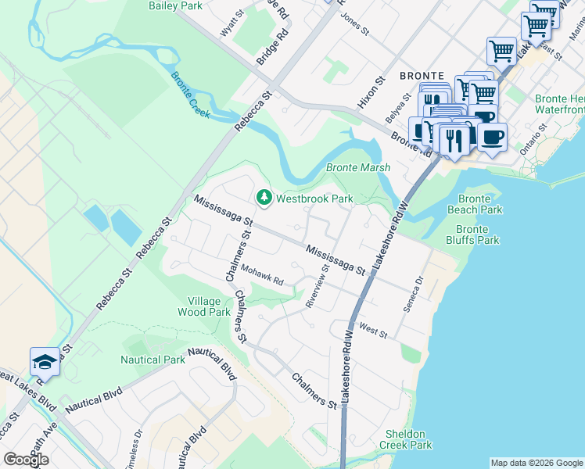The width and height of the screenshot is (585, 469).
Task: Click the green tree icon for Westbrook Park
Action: click(x=264, y=198)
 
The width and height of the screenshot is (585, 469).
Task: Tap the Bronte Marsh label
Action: click(x=357, y=168)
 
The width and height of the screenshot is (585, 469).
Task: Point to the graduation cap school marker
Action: click(x=45, y=362)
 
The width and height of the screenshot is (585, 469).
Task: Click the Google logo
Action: click(x=26, y=460)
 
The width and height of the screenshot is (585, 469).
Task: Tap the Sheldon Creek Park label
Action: click(x=405, y=439)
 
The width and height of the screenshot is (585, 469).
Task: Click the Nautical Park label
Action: click(x=153, y=360)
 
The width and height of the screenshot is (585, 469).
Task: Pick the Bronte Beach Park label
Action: click(x=475, y=205)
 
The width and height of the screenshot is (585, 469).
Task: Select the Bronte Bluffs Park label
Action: click(x=477, y=234)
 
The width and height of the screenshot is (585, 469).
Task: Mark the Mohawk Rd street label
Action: click(x=261, y=274)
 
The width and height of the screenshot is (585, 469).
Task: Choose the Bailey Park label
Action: click(x=175, y=5)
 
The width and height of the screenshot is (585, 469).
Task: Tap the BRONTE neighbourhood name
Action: click(x=422, y=76)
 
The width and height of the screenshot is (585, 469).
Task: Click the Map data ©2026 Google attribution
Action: click(x=537, y=463)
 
